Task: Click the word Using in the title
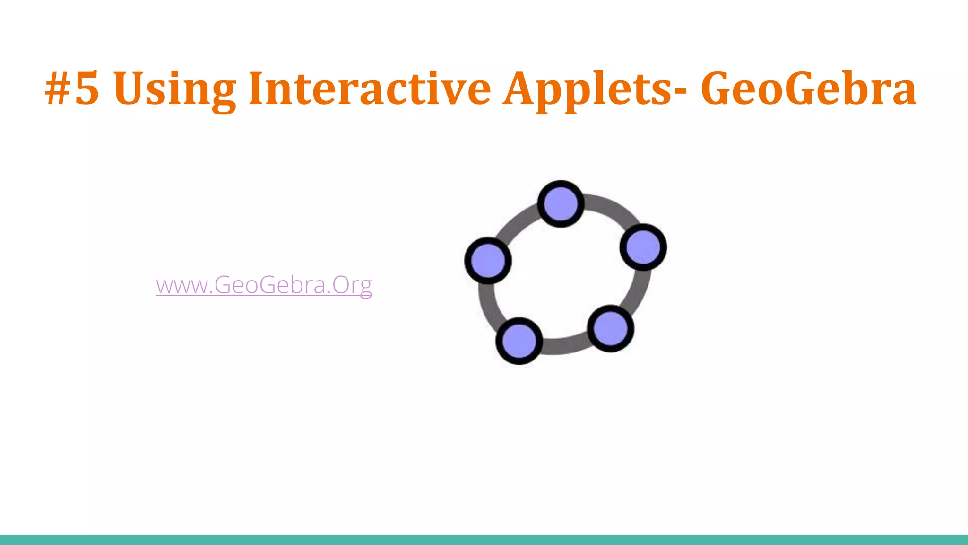175,88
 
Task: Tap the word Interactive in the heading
370,88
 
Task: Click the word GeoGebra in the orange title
808,88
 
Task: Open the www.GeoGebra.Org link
264,285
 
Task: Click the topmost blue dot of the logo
561,204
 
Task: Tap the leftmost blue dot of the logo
488,261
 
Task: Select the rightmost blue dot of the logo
643,247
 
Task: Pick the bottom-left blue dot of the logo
519,341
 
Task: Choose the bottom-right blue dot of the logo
610,328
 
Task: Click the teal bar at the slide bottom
484,540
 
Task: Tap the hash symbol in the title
58,88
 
